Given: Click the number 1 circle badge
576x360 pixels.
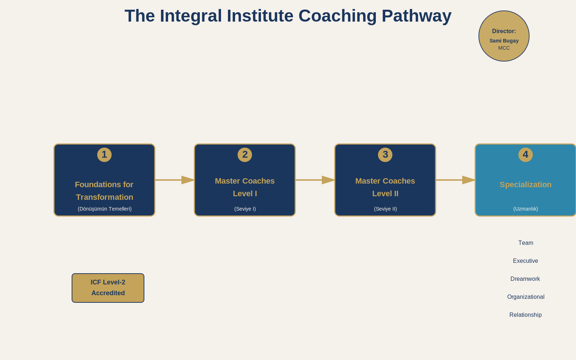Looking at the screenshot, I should [x=104, y=155].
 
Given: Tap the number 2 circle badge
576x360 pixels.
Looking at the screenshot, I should [x=245, y=155].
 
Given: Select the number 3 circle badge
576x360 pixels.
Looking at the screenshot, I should [x=385, y=155].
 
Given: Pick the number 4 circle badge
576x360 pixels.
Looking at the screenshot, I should [x=526, y=155].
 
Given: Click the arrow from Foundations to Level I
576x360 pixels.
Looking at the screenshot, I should [x=175, y=180].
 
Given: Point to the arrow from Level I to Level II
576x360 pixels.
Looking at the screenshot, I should [x=315, y=180].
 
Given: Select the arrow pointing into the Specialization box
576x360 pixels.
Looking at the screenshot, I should [x=455, y=180].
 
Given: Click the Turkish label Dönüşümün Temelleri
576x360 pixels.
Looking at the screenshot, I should [x=105, y=209].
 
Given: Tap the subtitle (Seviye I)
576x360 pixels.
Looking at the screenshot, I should [x=245, y=209].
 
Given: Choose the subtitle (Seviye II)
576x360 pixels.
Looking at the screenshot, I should [x=386, y=209].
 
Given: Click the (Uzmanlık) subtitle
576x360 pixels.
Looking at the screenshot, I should [x=526, y=209].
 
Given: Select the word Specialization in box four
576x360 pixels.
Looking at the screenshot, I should [x=526, y=185].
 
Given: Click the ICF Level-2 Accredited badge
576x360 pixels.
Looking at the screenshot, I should [x=108, y=288].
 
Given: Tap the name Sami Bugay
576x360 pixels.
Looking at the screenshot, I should [x=504, y=41].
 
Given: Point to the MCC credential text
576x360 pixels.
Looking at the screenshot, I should [x=504, y=48].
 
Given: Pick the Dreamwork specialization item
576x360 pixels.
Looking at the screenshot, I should [x=525, y=279].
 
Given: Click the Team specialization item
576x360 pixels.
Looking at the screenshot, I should [x=526, y=243].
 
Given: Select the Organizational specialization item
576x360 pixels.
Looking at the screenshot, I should [x=526, y=297].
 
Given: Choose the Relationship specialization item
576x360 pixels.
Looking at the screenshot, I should [x=526, y=315].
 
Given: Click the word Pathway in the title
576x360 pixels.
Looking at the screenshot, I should [x=416, y=17].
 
